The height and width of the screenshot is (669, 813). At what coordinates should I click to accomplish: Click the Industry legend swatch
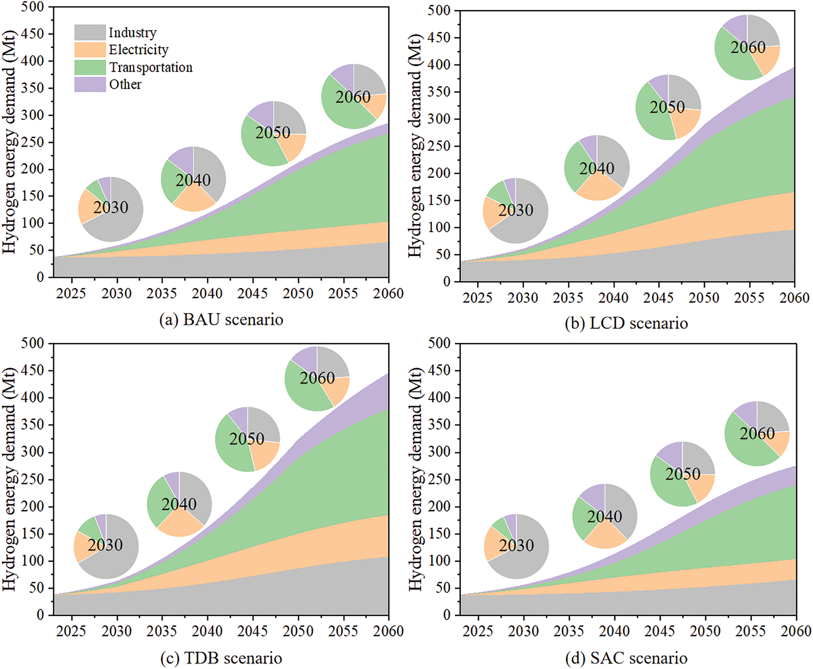click(90, 32)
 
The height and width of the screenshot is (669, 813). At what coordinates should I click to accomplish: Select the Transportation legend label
click(150, 68)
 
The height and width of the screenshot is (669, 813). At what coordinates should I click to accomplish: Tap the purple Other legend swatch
click(90, 85)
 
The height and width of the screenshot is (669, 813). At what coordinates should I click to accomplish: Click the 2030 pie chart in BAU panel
click(111, 209)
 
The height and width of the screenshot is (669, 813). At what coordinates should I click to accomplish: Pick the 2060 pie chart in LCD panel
click(747, 47)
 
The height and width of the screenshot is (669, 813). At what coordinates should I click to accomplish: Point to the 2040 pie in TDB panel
click(179, 504)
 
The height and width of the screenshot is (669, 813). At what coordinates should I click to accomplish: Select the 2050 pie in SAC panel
click(682, 474)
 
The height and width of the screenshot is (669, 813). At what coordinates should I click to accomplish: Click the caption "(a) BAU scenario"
click(221, 320)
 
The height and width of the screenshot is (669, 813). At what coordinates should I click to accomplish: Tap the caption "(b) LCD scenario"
click(626, 323)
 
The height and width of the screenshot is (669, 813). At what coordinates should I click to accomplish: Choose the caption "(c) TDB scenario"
click(221, 658)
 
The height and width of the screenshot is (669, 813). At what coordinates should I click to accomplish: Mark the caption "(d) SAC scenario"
click(626, 658)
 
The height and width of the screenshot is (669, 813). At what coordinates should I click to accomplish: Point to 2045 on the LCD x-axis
click(658, 298)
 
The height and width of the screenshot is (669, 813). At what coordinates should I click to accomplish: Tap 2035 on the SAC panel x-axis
click(569, 631)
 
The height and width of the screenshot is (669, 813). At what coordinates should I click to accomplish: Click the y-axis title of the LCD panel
click(415, 146)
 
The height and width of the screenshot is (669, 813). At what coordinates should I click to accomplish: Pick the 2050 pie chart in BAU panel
click(273, 134)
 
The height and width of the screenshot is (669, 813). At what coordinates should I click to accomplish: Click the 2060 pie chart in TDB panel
click(317, 378)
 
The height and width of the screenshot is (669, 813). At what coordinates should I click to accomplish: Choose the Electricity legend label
click(138, 50)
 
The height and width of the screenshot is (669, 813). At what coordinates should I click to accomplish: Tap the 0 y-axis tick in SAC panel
click(446, 615)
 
